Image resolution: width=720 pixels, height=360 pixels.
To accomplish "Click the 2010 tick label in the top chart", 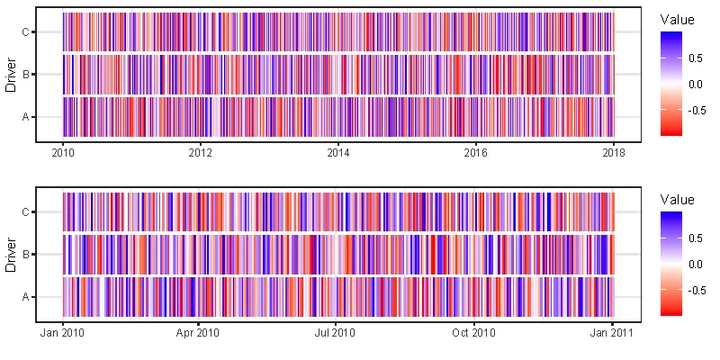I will point(63,153).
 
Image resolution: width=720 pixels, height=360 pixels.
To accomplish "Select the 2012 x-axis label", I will point(200,153).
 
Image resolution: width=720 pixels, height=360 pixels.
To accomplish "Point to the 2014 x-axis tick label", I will point(337,153).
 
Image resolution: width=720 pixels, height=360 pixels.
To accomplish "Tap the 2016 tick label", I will point(475,153).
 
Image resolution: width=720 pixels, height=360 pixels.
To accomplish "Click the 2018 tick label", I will point(613,153).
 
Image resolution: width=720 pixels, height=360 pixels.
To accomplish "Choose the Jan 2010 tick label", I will point(63,333).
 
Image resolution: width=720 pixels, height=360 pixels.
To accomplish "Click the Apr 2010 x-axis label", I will point(198,333).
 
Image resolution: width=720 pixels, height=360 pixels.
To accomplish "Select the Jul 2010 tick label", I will point(336,333).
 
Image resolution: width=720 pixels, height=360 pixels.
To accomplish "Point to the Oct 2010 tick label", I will point(474,333).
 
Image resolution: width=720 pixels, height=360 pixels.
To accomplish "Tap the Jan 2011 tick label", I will point(612,333).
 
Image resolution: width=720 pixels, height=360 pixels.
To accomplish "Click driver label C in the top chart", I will point(25,32).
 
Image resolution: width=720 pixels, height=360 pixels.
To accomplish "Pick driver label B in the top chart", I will point(25,75).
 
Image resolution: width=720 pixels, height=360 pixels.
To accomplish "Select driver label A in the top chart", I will point(25,116).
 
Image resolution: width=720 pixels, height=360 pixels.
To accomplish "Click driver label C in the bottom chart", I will point(25,212).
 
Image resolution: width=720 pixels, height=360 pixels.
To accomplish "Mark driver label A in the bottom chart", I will point(25,296).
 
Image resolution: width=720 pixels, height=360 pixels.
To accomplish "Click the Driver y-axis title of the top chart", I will point(10,75).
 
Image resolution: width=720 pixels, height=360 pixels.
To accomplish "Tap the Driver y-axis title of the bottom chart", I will point(10,255).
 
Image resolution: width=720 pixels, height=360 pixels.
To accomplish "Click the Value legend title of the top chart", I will point(677,19).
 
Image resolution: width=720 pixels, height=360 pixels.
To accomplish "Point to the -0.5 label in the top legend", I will point(694,110).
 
